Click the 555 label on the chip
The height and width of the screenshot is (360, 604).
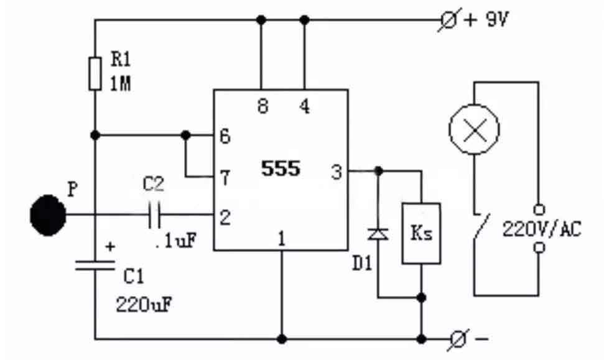click(x=281, y=168)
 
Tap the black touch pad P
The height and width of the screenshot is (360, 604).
click(x=48, y=215)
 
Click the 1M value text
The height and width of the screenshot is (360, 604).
click(x=121, y=85)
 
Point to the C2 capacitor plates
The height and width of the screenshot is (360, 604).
click(x=155, y=216)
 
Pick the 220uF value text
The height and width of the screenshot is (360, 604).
click(x=143, y=305)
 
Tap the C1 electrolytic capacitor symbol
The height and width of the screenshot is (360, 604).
click(x=95, y=265)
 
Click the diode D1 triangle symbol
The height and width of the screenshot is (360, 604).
click(x=378, y=234)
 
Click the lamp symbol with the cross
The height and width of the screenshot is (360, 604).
click(x=474, y=129)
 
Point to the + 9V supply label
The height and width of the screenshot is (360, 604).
click(x=487, y=21)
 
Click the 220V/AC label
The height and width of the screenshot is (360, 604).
click(x=541, y=230)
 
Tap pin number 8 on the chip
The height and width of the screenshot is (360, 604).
click(x=262, y=107)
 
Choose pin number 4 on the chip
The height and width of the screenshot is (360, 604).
click(x=304, y=107)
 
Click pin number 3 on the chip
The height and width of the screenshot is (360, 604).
click(x=337, y=172)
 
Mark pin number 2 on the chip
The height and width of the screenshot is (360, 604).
click(x=225, y=217)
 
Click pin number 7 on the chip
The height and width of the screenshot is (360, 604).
click(x=225, y=178)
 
